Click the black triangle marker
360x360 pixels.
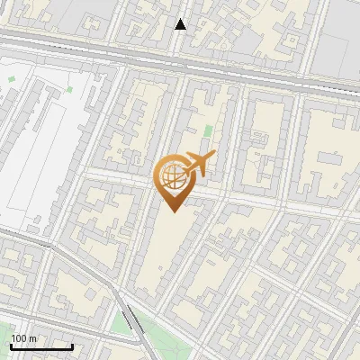(181, 24)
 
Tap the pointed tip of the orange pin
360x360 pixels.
(171, 211)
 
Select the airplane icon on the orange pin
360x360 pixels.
(198, 164)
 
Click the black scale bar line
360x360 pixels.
(40, 346)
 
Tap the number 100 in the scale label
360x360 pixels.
(18, 338)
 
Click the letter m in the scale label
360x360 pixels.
(32, 338)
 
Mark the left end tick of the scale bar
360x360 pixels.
(10, 345)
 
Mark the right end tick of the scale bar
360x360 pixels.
(72, 345)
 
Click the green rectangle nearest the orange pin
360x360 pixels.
(208, 132)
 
